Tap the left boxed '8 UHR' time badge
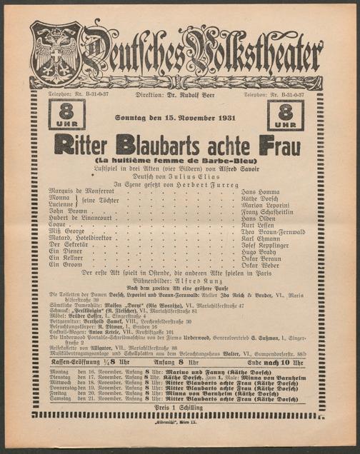tap(66, 115)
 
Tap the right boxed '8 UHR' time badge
tap(285, 115)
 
